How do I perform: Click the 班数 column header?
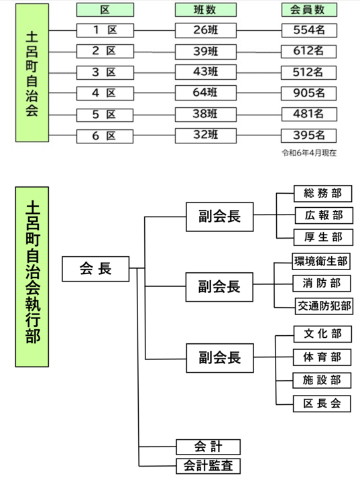[206, 10]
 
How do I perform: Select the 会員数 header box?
[309, 10]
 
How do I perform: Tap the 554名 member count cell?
[309, 30]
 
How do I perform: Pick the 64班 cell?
[206, 93]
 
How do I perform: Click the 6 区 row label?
[105, 136]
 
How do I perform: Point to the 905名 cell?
[308, 93]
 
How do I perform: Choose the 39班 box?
[206, 52]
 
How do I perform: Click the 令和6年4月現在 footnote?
[309, 153]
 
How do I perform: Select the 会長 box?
[96, 269]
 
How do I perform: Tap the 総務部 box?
[323, 193]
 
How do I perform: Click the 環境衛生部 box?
[321, 261]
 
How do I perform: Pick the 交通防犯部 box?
[324, 306]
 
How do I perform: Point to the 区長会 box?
[322, 404]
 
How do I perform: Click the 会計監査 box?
[208, 466]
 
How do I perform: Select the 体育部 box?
[322, 357]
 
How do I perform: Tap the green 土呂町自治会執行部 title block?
[32, 277]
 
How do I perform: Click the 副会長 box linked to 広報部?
[220, 217]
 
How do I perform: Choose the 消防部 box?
[322, 284]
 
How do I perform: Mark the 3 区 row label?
[105, 72]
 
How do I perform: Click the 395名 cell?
[308, 135]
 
